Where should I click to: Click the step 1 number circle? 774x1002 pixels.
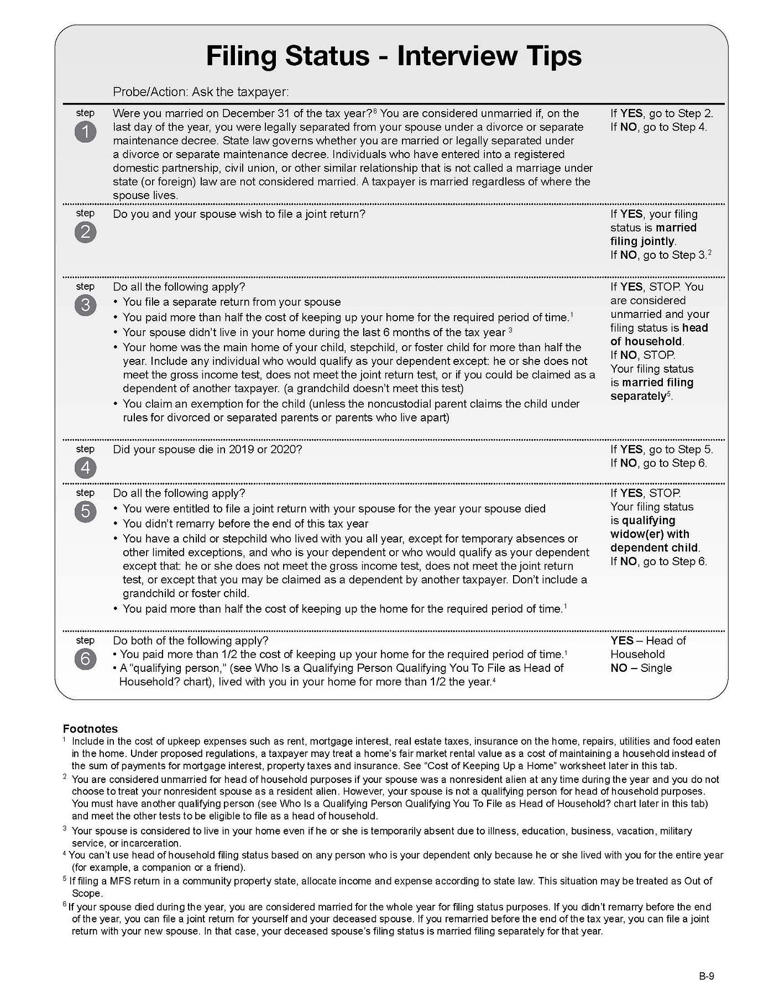pos(85,132)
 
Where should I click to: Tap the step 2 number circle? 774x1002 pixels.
pos(85,232)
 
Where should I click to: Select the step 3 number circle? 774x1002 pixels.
pos(85,305)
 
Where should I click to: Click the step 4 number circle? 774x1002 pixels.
pos(85,468)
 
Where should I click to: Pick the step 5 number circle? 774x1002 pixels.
pos(85,512)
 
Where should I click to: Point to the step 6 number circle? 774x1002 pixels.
pos(85,659)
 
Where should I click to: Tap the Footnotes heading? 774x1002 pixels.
pos(90,729)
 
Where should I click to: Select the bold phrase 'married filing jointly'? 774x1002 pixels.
pos(653,234)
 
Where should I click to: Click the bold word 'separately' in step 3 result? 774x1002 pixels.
pos(639,396)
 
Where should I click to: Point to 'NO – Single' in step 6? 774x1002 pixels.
pos(641,668)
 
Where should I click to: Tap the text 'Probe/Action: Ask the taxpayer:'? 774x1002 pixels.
pos(201,92)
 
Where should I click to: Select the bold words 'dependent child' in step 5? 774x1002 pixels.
pos(654,548)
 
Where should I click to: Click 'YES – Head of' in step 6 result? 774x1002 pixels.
pos(648,641)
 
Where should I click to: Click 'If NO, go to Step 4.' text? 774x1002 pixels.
pos(658,127)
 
